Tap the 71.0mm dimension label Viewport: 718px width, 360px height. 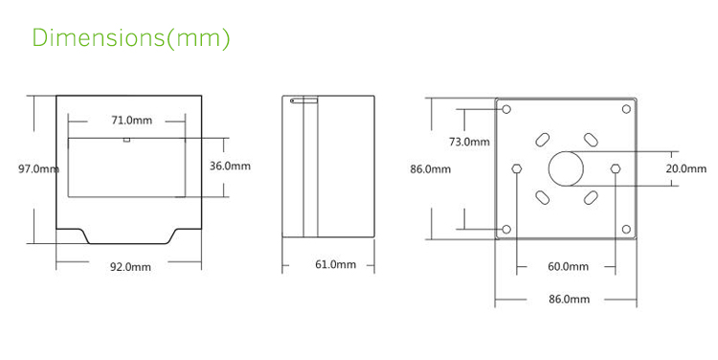pos(131,121)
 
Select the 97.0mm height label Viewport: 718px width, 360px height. pos(38,169)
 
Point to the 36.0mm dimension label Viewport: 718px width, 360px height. pos(230,166)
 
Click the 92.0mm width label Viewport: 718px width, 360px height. pos(131,267)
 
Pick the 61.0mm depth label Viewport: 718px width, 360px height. pos(335,264)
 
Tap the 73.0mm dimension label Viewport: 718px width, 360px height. pos(469,142)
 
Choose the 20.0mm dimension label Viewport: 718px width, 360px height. pos(685,169)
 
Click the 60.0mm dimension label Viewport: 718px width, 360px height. pos(569,266)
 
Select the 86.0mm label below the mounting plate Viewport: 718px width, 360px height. pos(569,299)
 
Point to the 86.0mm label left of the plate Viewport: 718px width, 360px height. pos(430,169)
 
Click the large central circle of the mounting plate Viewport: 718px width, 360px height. pos(566,169)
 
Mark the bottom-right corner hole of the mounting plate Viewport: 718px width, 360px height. pos(626,229)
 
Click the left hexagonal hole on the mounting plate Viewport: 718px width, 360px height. pos(518,169)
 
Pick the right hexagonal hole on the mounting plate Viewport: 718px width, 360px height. pos(614,169)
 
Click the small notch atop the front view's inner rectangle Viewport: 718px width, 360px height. pos(125,140)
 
